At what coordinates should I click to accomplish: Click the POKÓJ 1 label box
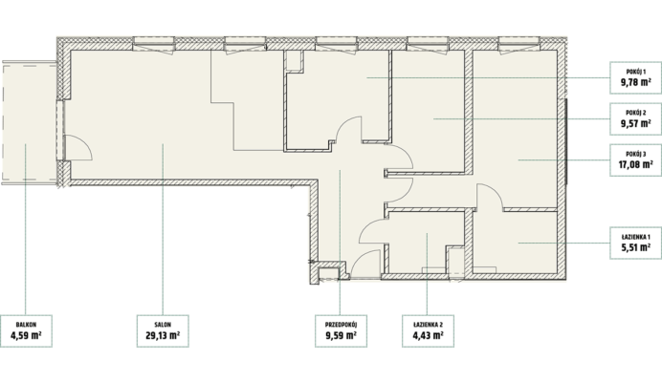click(635, 77)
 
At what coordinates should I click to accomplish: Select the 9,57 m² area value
click(635, 123)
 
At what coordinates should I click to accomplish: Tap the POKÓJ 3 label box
click(635, 160)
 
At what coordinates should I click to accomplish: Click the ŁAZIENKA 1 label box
click(635, 243)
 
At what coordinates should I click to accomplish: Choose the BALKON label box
click(26, 331)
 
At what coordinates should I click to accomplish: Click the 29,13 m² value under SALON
click(163, 335)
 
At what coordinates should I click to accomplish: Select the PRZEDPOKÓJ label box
click(342, 331)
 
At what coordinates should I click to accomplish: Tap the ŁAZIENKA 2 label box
click(429, 331)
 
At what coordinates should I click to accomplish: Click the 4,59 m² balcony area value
click(26, 335)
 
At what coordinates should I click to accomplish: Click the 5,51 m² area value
click(635, 247)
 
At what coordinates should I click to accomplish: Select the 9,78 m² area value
click(635, 82)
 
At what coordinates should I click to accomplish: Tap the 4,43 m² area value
click(428, 335)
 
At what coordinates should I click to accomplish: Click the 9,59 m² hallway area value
click(341, 335)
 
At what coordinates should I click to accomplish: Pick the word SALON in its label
click(163, 325)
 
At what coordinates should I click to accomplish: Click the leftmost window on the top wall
click(154, 43)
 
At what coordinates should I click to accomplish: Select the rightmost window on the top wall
click(519, 43)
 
